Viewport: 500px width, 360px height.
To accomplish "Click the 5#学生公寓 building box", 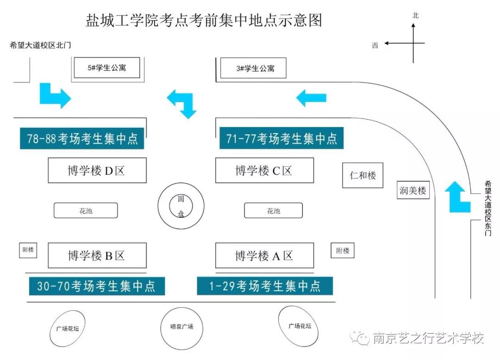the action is tap(107, 68).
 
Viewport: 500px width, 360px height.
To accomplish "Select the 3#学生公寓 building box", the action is tap(253, 68).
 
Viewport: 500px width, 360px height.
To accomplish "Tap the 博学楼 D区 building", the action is tap(97, 170).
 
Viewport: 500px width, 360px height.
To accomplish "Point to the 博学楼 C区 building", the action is tap(265, 170).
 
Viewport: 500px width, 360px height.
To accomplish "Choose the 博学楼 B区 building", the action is tap(97, 255).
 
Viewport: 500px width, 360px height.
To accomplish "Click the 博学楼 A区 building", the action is tap(265, 255).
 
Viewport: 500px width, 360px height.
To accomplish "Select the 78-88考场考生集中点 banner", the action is tap(82, 139).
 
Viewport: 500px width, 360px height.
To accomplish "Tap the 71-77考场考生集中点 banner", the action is tap(281, 138).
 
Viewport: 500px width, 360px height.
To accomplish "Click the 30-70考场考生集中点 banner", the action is tap(97, 286).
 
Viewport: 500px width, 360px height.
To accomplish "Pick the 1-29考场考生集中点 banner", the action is tap(265, 286).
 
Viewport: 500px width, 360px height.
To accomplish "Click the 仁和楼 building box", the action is tap(362, 175).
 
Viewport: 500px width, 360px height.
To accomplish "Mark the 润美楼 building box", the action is tap(413, 190).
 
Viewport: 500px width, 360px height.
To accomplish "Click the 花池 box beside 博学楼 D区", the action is tap(86, 211).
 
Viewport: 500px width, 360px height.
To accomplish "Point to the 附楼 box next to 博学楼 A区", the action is tap(343, 251).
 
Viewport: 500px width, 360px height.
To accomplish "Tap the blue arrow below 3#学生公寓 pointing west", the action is tap(311, 98).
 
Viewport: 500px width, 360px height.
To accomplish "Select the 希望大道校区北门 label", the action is tap(40, 45).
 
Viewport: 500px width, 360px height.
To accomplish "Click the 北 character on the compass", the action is tap(415, 16).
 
